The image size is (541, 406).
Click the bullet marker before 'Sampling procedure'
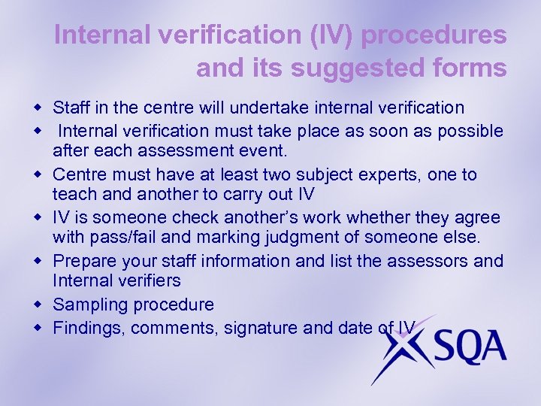pos(41,304)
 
